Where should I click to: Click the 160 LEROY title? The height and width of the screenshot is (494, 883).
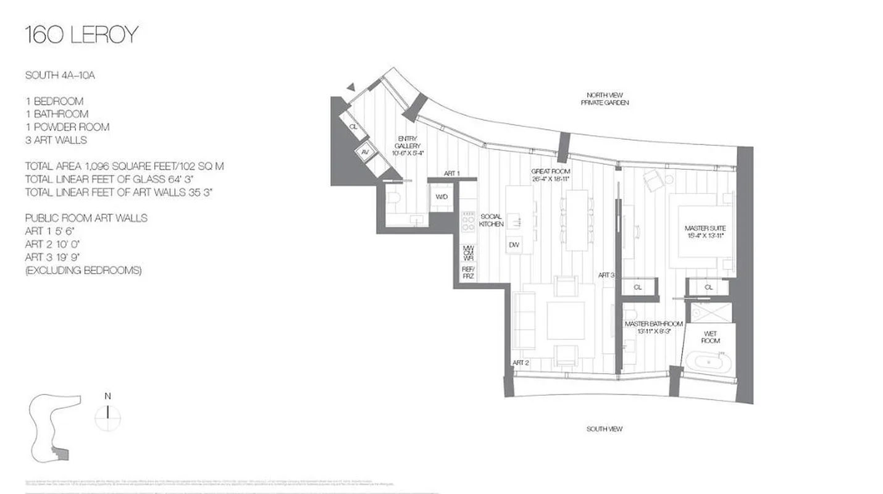pyautogui.click(x=81, y=35)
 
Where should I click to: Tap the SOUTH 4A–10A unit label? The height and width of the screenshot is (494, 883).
pyautogui.click(x=60, y=75)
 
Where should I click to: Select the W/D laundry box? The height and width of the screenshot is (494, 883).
pyautogui.click(x=441, y=196)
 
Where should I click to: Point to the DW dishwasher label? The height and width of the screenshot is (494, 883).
pyautogui.click(x=514, y=245)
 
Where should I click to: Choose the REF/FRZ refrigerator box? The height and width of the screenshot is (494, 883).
pyautogui.click(x=468, y=273)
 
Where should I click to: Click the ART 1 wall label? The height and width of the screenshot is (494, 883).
pyautogui.click(x=452, y=174)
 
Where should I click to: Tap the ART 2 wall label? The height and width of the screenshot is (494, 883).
pyautogui.click(x=520, y=362)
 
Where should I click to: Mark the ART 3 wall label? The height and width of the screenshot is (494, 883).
pyautogui.click(x=606, y=275)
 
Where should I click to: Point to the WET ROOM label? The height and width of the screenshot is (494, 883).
pyautogui.click(x=709, y=337)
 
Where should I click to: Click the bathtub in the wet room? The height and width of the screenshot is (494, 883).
pyautogui.click(x=708, y=361)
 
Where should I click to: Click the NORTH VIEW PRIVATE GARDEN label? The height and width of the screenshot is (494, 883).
pyautogui.click(x=605, y=99)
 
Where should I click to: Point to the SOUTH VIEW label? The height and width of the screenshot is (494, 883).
pyautogui.click(x=604, y=429)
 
